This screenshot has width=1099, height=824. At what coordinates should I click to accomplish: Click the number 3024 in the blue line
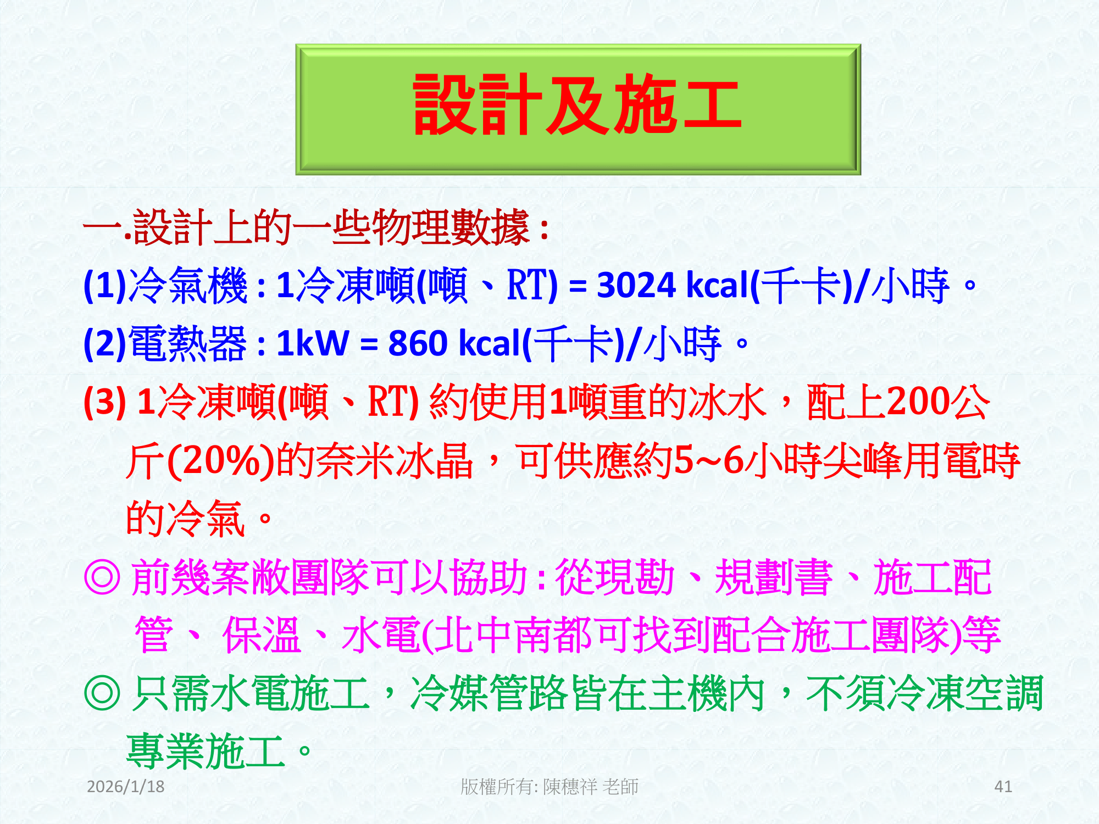(x=636, y=285)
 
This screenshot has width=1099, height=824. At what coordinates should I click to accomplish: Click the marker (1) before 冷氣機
(x=104, y=285)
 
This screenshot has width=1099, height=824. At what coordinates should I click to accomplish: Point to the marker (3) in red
(x=104, y=402)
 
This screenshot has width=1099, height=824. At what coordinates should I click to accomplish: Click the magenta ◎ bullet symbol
(x=102, y=577)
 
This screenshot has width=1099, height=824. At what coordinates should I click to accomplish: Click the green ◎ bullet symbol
(x=102, y=693)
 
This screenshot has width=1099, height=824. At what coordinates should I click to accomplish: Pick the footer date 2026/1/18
(x=126, y=787)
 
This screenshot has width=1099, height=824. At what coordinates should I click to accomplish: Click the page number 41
(x=1003, y=787)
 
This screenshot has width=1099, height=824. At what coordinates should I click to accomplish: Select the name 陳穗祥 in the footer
(x=570, y=787)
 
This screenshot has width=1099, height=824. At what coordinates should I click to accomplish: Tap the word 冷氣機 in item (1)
(x=187, y=285)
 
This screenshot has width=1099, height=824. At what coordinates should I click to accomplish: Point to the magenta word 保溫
(x=262, y=635)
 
